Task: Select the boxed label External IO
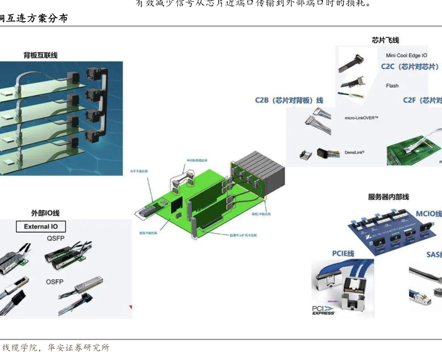pos(45,226)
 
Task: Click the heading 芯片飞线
pos(385,40)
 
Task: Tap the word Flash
pos(392,86)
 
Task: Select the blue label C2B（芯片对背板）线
pos(289,100)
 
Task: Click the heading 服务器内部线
pos(389,197)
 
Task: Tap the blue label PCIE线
pos(343,254)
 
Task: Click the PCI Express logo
pos(324,309)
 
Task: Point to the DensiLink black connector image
pos(328,153)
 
